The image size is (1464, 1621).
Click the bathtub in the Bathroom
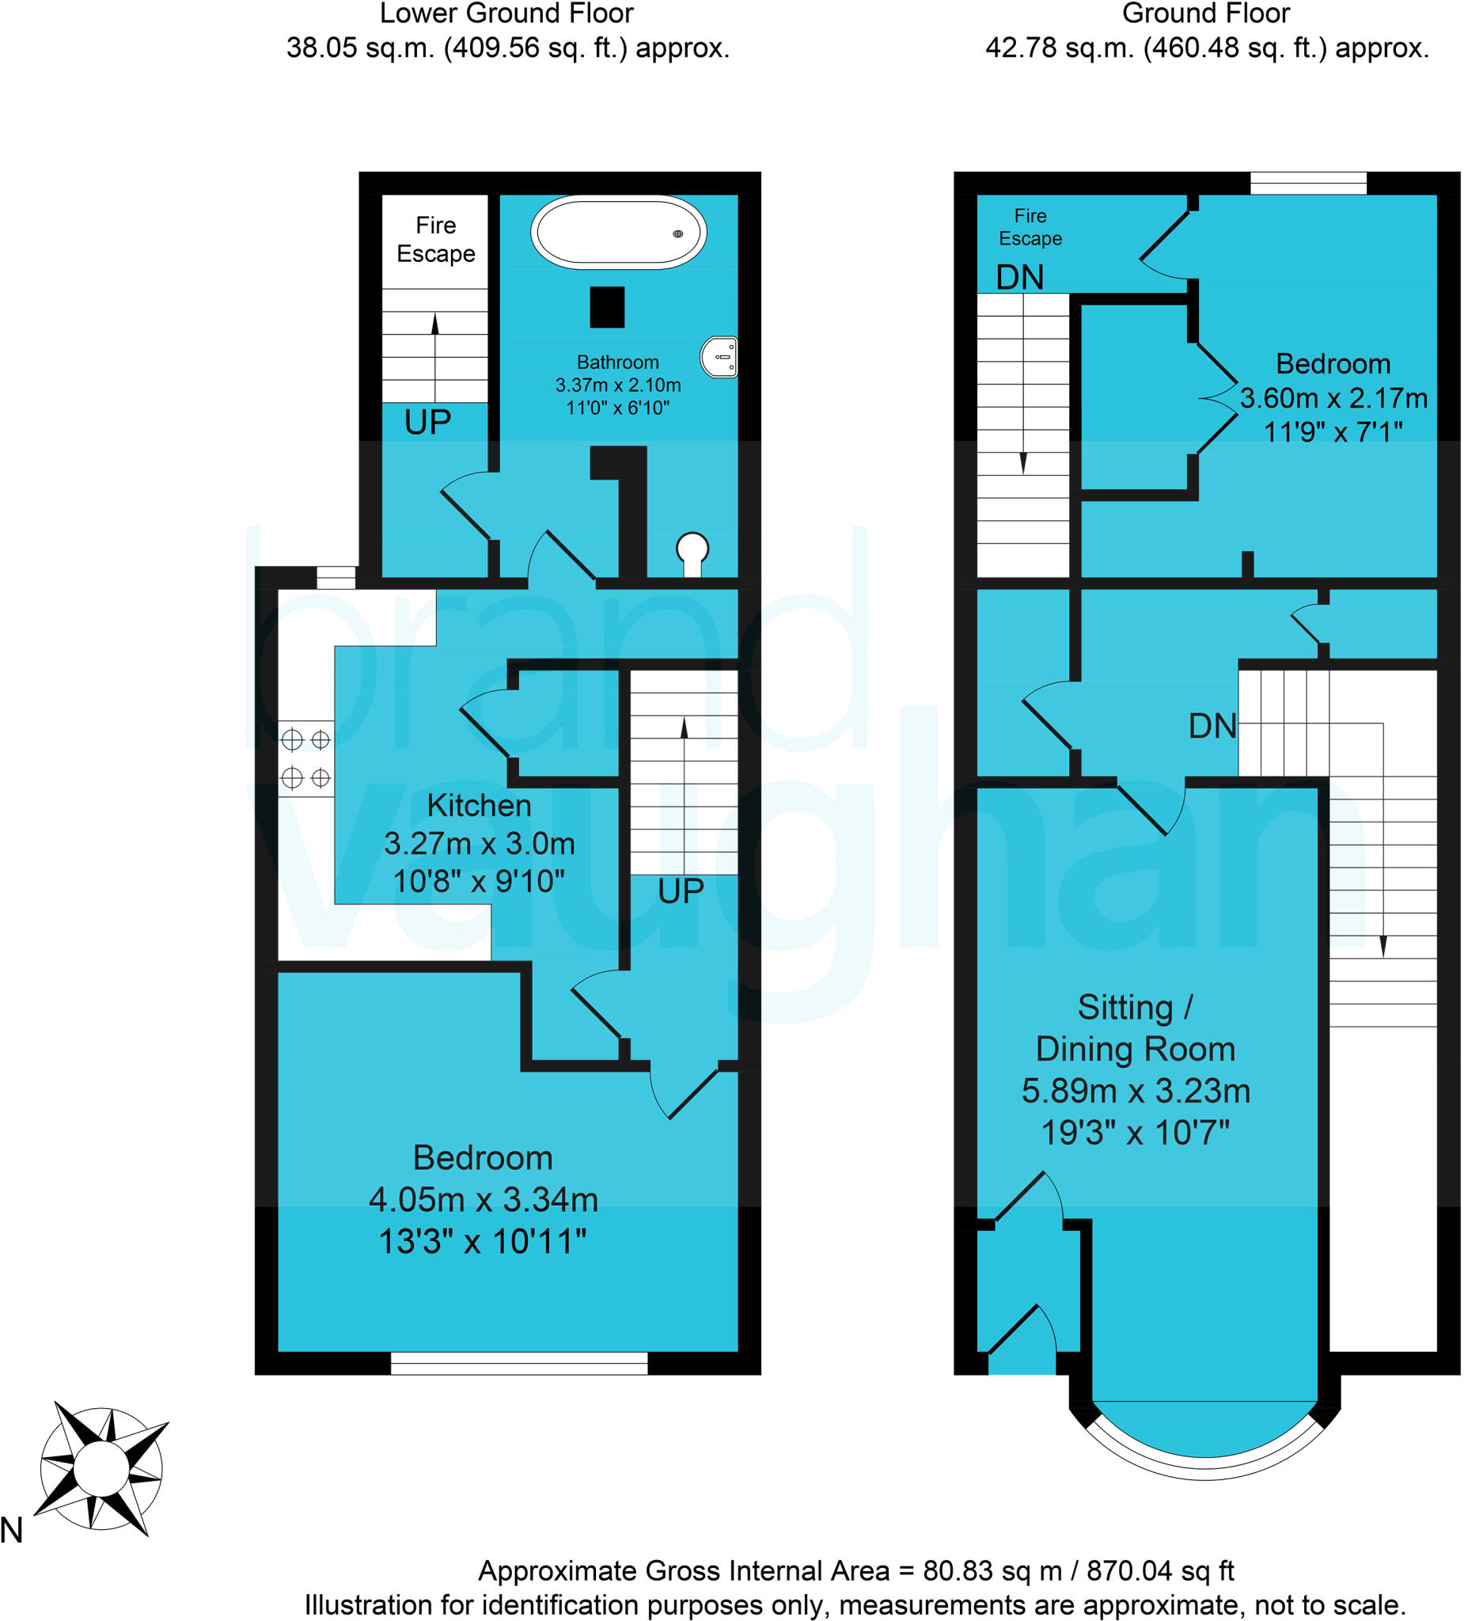click(x=618, y=232)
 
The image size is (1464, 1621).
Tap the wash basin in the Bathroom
click(x=719, y=356)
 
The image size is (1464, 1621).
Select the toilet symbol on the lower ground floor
click(x=692, y=552)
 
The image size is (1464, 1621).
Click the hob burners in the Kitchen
click(x=305, y=758)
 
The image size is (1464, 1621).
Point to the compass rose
click(x=101, y=1469)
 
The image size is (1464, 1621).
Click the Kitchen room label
click(x=479, y=805)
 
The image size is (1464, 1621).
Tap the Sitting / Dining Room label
click(x=1135, y=1027)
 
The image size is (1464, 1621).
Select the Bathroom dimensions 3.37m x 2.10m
click(x=617, y=385)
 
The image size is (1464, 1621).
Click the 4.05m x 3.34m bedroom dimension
click(x=484, y=1199)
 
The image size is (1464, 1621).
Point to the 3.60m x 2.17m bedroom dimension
click(x=1333, y=398)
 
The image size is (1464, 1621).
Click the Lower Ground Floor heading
click(x=506, y=13)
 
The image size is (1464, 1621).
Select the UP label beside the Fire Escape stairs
click(x=427, y=422)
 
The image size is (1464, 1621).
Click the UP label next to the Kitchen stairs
click(x=681, y=890)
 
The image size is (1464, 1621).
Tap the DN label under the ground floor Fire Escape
click(x=1019, y=277)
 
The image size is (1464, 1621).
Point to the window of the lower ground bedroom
click(x=518, y=1363)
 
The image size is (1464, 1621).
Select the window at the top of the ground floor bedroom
click(x=1308, y=183)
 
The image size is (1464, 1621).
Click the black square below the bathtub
click(x=607, y=307)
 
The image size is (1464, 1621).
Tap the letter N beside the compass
click(x=11, y=1530)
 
